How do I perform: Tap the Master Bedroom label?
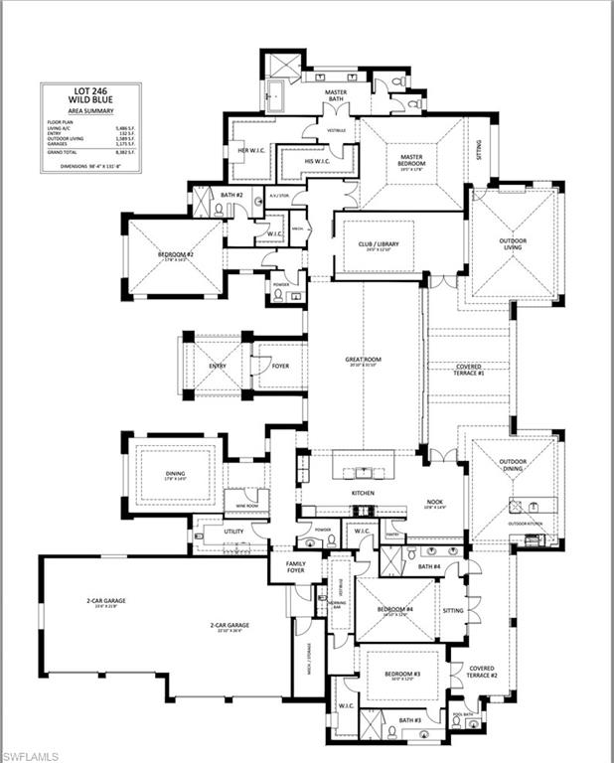pyautogui.click(x=412, y=161)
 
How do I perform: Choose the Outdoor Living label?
pyautogui.click(x=512, y=241)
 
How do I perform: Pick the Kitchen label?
pyautogui.click(x=362, y=492)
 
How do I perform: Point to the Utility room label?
pyautogui.click(x=234, y=533)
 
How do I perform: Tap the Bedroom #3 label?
pyautogui.click(x=402, y=675)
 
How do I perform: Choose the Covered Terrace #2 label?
pyautogui.click(x=482, y=673)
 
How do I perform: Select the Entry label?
pyautogui.click(x=217, y=366)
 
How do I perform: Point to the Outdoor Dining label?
pyautogui.click(x=513, y=467)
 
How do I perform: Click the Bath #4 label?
pyautogui.click(x=428, y=566)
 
